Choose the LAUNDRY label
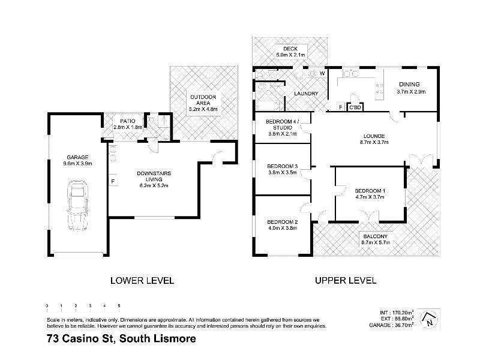point(305,94)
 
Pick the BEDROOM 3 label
point(281,166)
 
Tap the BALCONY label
point(375,236)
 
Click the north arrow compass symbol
point(428,318)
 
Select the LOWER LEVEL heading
point(142,280)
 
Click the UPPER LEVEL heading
point(345,280)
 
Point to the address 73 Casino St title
point(121,339)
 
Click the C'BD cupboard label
point(355,108)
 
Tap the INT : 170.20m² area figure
point(397,313)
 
